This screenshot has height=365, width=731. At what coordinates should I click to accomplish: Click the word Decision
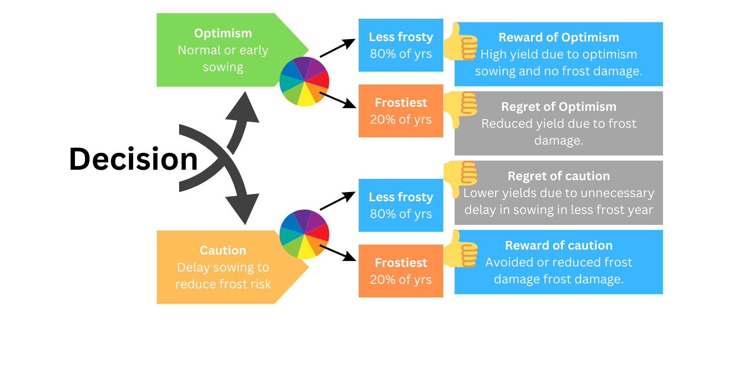click(x=133, y=160)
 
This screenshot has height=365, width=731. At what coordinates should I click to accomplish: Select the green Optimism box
click(x=223, y=50)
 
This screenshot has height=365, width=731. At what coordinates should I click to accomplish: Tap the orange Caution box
click(x=223, y=267)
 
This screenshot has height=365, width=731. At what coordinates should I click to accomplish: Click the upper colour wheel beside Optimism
click(x=304, y=82)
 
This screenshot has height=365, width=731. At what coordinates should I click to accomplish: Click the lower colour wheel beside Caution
click(x=304, y=234)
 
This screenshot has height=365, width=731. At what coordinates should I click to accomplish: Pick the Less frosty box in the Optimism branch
click(x=401, y=45)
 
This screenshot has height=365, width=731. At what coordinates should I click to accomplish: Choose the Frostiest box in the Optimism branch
click(x=401, y=111)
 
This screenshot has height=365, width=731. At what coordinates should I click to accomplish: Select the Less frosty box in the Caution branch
click(x=401, y=205)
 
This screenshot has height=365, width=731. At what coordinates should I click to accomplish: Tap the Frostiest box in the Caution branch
click(x=401, y=271)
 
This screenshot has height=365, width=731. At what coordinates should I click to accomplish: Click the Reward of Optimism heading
click(x=559, y=37)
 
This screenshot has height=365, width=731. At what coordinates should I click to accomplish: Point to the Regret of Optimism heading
click(x=559, y=107)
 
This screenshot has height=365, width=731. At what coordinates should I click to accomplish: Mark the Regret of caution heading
click(x=559, y=176)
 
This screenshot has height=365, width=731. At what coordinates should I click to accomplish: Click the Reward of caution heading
click(x=559, y=245)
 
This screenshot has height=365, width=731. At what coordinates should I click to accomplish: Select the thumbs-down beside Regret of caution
click(x=461, y=178)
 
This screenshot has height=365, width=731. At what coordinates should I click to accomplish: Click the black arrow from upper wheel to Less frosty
click(x=338, y=48)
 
